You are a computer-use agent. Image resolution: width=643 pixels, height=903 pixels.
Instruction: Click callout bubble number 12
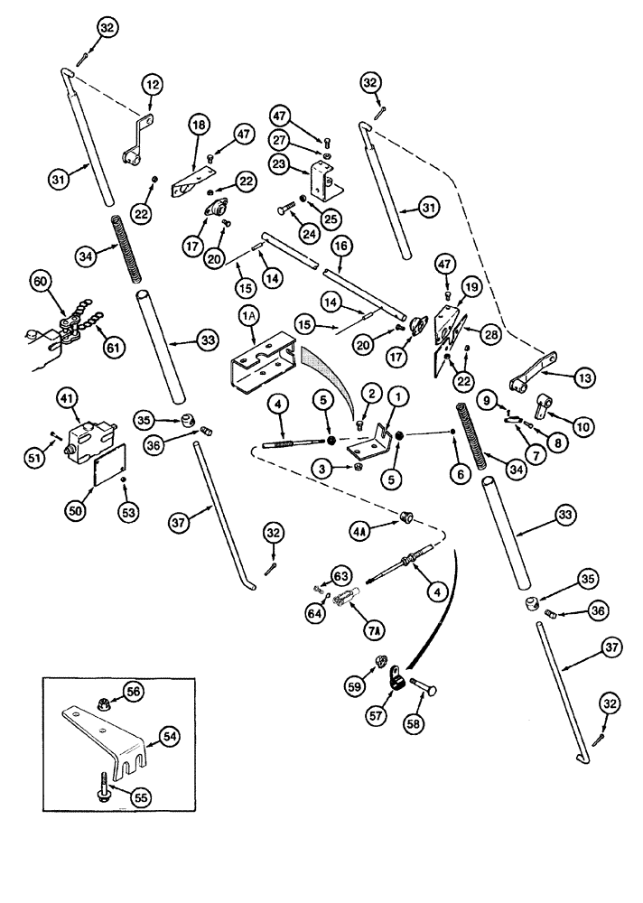[150, 86]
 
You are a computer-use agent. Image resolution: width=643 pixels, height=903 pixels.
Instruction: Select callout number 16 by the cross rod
[340, 244]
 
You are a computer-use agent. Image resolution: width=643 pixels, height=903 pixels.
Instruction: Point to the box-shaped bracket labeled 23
[322, 182]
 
